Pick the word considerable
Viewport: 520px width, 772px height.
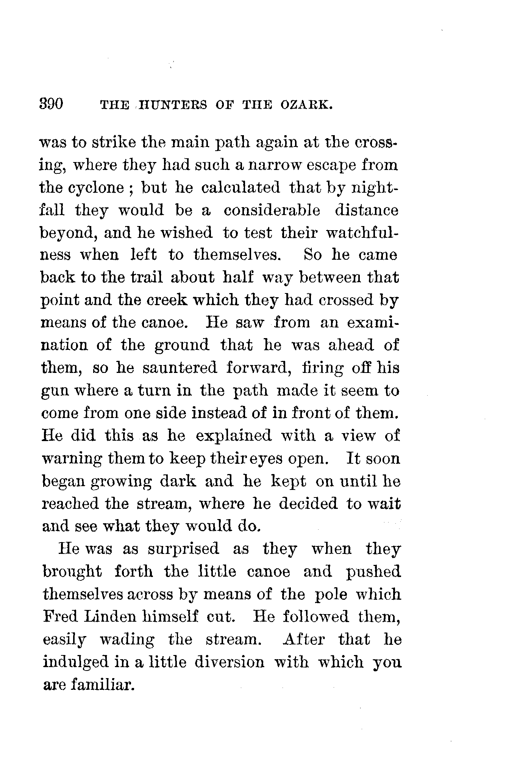[272, 210]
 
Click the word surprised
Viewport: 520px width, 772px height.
[184, 549]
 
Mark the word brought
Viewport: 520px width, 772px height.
[72, 572]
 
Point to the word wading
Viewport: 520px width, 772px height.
[127, 639]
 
